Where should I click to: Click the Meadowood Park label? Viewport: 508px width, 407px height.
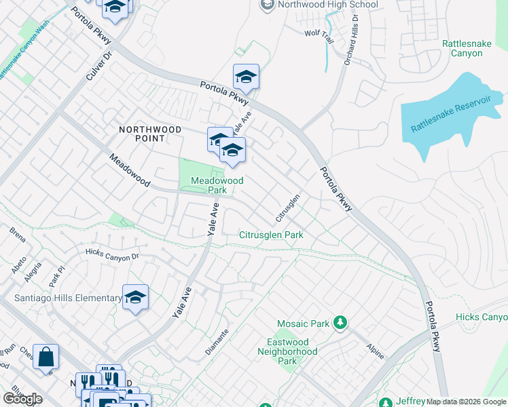point(217,185)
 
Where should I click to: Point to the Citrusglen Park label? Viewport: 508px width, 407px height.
point(270,235)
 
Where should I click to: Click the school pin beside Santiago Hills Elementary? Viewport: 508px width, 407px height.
point(135,297)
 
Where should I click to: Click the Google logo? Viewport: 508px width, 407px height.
point(22,399)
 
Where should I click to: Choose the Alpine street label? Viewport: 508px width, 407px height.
point(376,351)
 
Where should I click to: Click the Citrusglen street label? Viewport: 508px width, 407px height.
point(288,208)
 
